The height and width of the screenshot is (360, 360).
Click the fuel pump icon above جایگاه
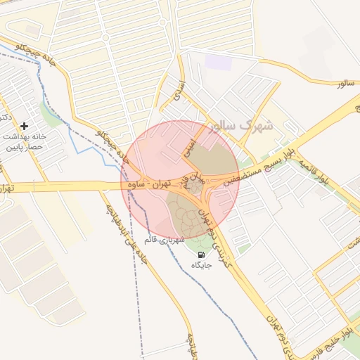(x=202, y=255)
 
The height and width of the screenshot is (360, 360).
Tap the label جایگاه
(x=202, y=265)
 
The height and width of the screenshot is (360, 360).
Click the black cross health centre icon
(x=25, y=125)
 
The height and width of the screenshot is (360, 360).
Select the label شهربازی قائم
(x=164, y=240)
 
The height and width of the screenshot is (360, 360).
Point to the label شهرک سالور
(x=245, y=127)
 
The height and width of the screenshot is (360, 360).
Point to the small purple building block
(x=219, y=63)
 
